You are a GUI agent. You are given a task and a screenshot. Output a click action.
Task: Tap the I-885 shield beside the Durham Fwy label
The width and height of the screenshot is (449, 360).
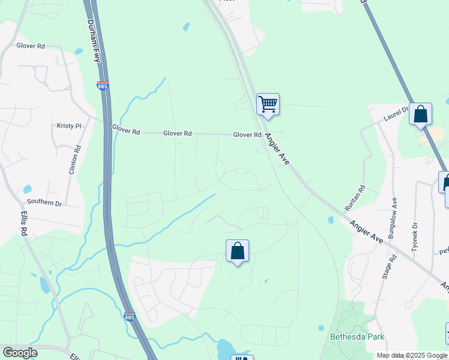(103, 86)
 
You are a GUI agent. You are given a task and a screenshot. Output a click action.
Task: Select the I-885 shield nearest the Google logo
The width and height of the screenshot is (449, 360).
(129, 316)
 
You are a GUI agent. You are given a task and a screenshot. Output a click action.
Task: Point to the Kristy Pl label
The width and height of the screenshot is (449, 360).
(68, 126)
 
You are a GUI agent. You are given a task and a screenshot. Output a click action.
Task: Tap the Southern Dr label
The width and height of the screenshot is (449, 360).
(44, 203)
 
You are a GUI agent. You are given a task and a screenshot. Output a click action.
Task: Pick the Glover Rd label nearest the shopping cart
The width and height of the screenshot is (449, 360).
(247, 135)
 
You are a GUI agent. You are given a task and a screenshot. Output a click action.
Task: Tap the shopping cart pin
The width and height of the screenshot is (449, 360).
(268, 104)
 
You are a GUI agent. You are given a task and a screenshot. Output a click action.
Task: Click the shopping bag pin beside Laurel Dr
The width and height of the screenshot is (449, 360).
(420, 114)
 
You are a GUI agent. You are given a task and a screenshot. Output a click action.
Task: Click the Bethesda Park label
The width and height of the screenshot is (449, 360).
(357, 337)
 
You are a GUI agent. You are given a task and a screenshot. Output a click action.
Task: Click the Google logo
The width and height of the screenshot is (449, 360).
(20, 353)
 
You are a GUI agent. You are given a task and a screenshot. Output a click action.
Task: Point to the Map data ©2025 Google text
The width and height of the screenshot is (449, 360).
(412, 355)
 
